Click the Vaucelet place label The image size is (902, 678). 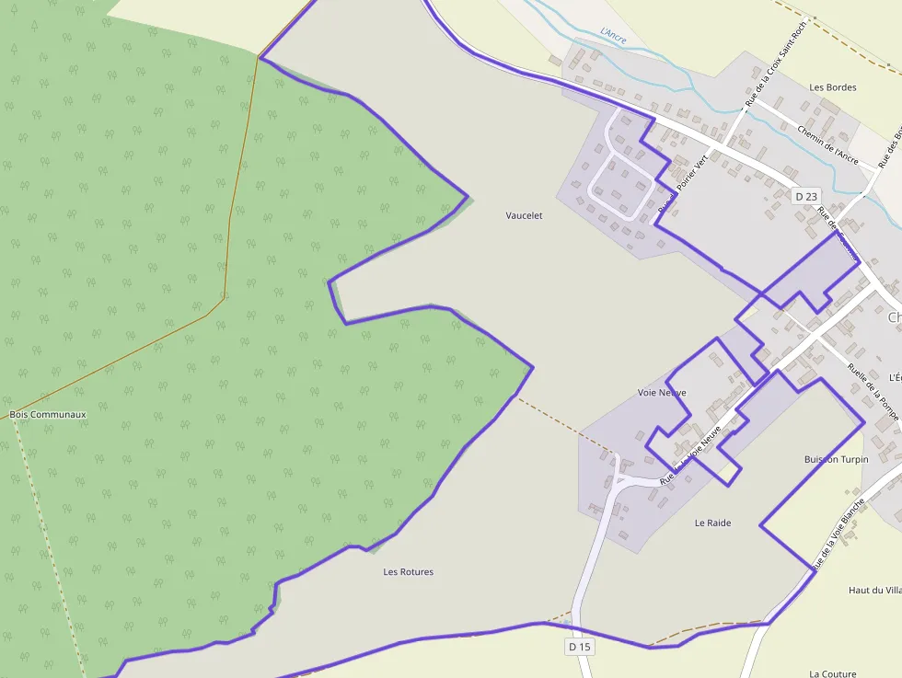tap(524, 215)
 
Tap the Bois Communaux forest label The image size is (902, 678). tap(48, 414)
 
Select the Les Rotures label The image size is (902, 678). tap(408, 571)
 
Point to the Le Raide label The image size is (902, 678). tap(712, 523)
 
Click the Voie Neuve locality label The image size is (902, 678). tap(661, 393)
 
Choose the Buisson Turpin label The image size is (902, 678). tap(836, 459)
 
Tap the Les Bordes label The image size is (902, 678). tap(832, 87)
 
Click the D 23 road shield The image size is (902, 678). tap(805, 196)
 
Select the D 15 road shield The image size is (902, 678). tap(580, 647)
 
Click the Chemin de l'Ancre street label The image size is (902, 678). tap(828, 145)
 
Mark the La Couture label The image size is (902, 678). tap(832, 673)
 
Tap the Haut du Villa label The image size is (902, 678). tap(873, 590)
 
